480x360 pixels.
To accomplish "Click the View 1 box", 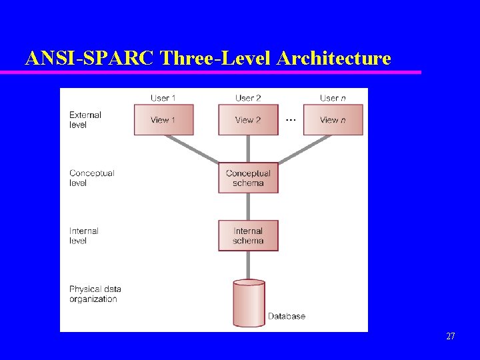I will [163, 120].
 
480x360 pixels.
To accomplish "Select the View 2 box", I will [248, 120].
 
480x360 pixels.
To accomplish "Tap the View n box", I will [333, 120].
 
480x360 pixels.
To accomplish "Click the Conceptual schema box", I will [248, 178].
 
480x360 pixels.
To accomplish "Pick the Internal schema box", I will [248, 235].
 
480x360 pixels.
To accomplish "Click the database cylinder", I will [249, 303].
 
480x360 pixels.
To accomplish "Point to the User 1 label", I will [163, 98].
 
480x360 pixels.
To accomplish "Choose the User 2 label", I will [248, 98].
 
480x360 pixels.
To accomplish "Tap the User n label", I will [333, 98].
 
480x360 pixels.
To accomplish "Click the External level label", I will [85, 120].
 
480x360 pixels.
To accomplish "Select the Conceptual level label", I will [91, 178].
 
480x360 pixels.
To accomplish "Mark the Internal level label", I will [83, 236].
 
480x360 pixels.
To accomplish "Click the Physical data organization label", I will [95, 294].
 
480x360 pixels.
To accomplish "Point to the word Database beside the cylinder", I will [287, 316].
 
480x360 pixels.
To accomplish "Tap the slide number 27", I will [451, 337].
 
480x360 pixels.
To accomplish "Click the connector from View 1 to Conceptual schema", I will [193, 149].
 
